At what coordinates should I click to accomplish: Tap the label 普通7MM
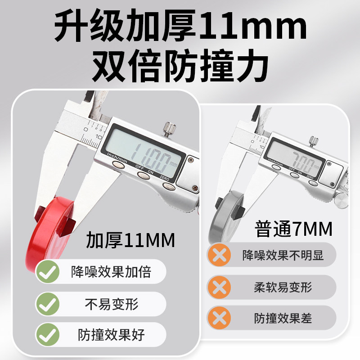click(293, 229)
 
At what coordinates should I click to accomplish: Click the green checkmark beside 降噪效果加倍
click(48, 272)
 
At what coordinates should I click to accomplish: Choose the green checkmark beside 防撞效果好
click(48, 334)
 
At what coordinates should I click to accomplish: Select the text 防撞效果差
click(283, 319)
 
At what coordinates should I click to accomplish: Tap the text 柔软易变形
click(283, 287)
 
